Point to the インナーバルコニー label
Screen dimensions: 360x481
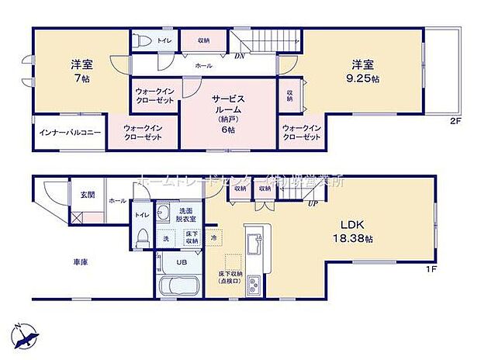(70, 133)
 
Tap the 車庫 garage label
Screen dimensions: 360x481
(80, 261)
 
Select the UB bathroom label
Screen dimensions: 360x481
(180, 262)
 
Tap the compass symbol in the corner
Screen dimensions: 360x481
(26, 335)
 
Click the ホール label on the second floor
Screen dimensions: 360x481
(203, 66)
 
